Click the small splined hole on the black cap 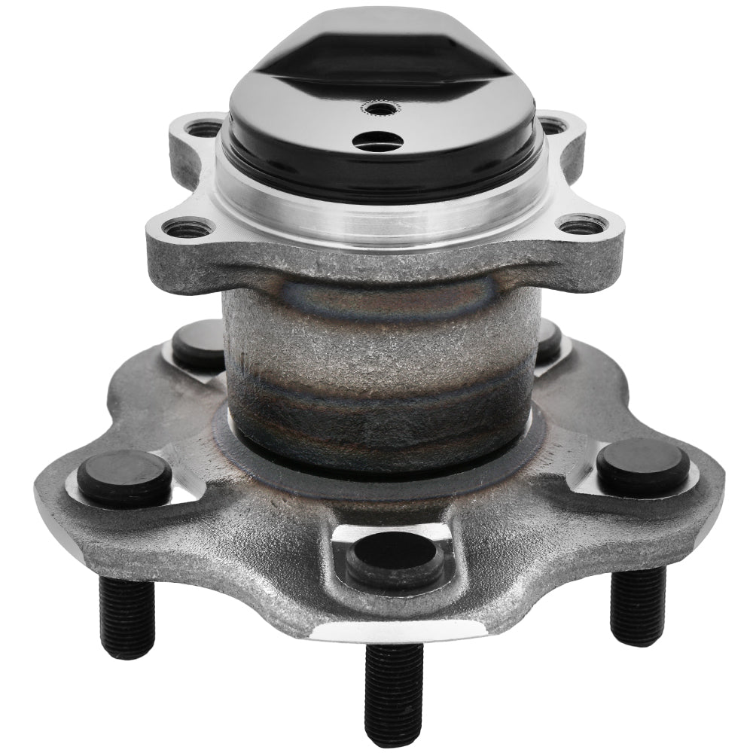pyautogui.click(x=379, y=108)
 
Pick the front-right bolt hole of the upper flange pyautogui.click(x=581, y=225)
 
